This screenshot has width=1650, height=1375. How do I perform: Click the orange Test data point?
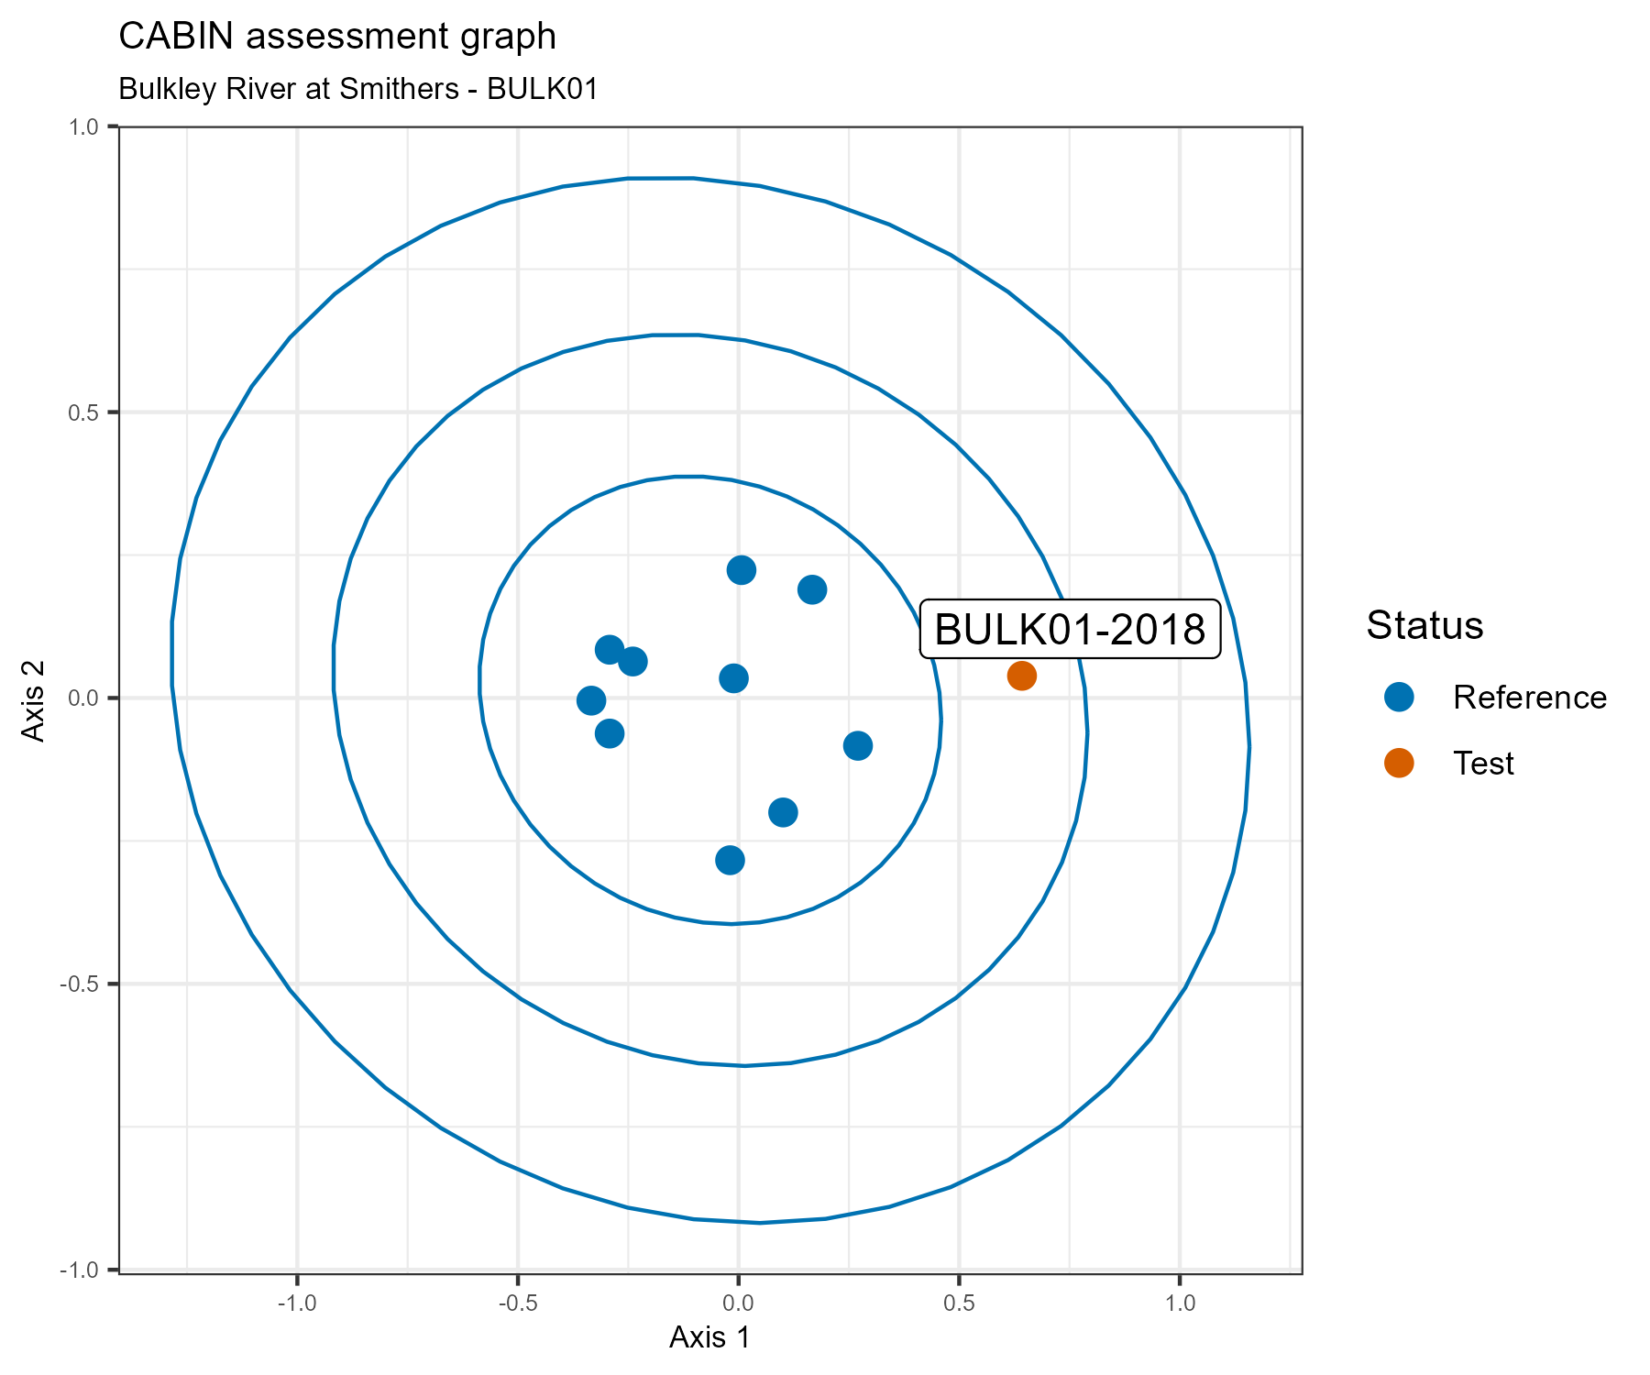pos(1021,676)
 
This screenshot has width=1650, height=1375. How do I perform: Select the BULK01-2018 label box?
pos(1070,630)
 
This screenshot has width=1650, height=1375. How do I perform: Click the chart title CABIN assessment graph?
pos(337,37)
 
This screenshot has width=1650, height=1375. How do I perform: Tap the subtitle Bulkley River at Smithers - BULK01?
pos(358,89)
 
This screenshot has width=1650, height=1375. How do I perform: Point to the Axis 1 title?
pos(709,1337)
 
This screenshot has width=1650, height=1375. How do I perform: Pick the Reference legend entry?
pos(1529,698)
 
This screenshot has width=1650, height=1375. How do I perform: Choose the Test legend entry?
pos(1483,764)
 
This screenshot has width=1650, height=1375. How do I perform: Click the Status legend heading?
pos(1424,625)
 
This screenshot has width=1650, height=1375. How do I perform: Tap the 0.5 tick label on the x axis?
pos(959,1303)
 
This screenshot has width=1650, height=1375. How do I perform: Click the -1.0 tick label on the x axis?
pos(296,1303)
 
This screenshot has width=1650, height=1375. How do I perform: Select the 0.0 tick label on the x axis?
pos(738,1303)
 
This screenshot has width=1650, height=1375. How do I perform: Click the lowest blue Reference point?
pos(730,860)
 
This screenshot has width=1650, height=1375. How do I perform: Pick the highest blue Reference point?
pos(741,570)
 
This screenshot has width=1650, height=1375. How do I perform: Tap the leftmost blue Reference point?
pos(591,700)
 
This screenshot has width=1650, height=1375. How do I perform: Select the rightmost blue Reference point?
pos(857,745)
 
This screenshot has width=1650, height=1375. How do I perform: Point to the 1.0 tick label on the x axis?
pos(1180,1303)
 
